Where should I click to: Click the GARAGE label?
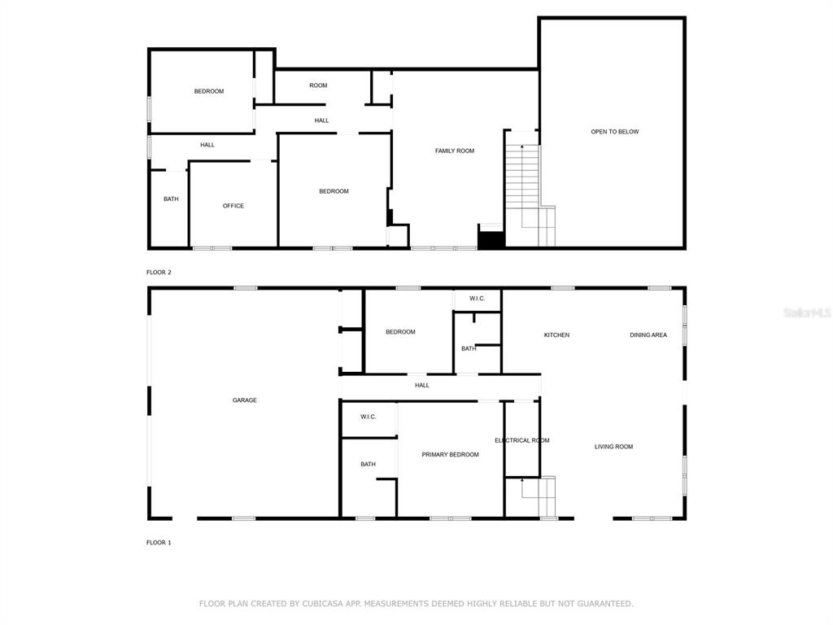(244, 400)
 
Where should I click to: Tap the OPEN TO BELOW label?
(615, 132)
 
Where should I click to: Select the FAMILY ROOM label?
(455, 151)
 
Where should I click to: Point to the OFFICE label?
(233, 206)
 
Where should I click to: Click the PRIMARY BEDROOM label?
(450, 454)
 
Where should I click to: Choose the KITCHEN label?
(556, 334)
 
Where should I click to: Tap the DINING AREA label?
(648, 334)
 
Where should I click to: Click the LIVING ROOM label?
(613, 447)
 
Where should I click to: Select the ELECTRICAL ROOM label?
(522, 440)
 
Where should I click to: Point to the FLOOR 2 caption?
(159, 272)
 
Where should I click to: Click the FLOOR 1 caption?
(159, 543)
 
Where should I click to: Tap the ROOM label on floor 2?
(318, 85)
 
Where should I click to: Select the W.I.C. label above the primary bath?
(369, 417)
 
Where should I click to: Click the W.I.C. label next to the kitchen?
(477, 298)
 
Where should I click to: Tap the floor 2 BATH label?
(171, 199)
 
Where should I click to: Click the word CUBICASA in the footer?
(324, 604)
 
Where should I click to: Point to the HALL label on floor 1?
(422, 385)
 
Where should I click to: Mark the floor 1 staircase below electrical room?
(530, 497)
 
